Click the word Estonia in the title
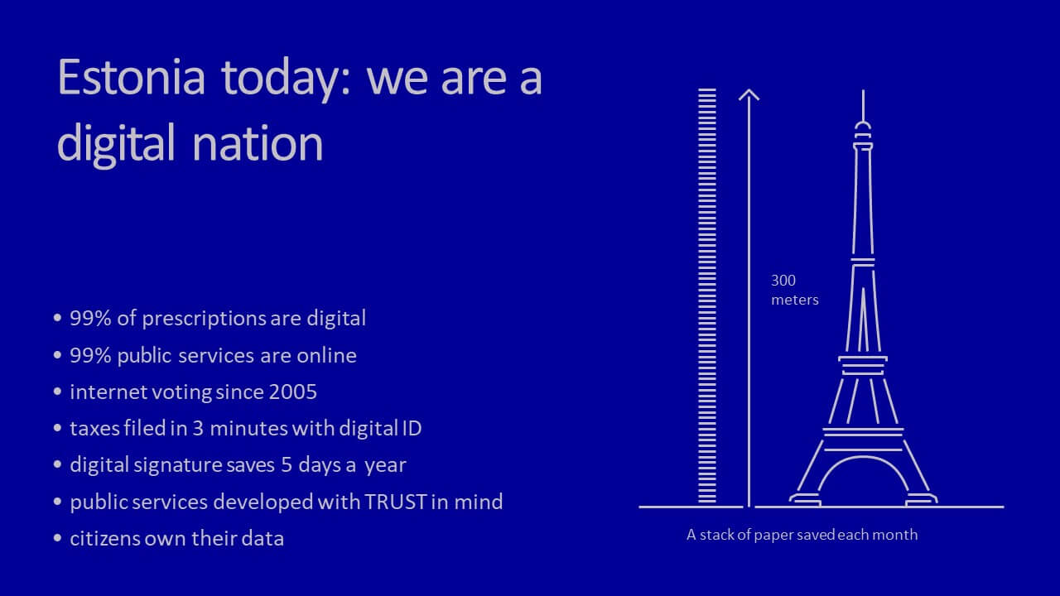[132, 77]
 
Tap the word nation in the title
[258, 143]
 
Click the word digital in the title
[116, 144]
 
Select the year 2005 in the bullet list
[293, 392]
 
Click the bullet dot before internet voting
[58, 392]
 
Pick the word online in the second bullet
[326, 355]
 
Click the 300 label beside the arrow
[783, 281]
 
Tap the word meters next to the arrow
[795, 300]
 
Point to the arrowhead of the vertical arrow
[749, 94]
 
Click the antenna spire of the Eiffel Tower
[863, 105]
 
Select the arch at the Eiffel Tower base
[863, 458]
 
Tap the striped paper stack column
[707, 296]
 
